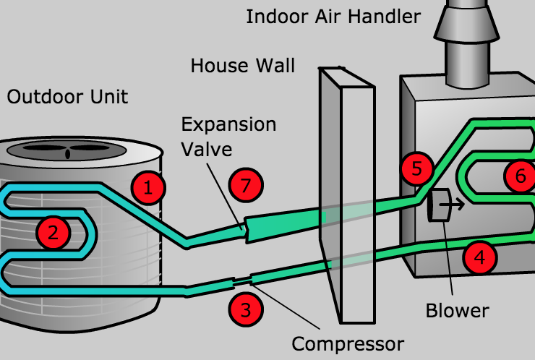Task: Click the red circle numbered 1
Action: coord(148,189)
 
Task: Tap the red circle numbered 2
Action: coord(52,232)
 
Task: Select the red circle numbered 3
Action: coord(246,311)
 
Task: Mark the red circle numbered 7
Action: coord(246,186)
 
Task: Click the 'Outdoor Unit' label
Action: coord(67,96)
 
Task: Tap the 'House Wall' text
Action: coord(242,66)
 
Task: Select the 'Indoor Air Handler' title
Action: coord(333,16)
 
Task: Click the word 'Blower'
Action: coord(457,311)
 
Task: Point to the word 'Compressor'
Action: coord(348,342)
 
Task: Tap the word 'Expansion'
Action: coord(228,124)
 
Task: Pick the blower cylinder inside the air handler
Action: coord(437,206)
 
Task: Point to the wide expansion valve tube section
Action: coord(282,221)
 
